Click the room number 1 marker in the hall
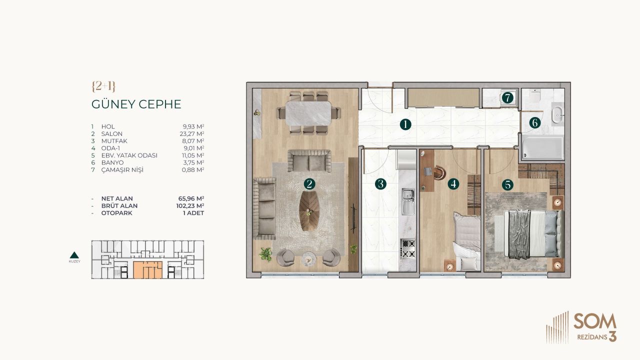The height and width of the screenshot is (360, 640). tap(405, 124)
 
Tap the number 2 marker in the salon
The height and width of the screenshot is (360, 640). tap(310, 184)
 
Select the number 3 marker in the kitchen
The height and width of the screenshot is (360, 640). tap(381, 184)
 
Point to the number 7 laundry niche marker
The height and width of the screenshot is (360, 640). tap(507, 98)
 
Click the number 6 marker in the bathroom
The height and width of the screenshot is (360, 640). tap(535, 122)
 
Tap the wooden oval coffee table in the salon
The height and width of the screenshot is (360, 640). tap(310, 211)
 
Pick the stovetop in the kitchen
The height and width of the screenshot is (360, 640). tap(408, 248)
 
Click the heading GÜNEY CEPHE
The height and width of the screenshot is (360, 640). tap(136, 104)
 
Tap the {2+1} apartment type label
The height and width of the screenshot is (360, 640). tap(103, 86)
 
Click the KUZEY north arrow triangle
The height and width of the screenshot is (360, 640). tap(74, 254)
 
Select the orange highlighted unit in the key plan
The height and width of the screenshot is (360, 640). tap(148, 269)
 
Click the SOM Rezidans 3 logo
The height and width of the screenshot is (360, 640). tap(581, 327)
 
